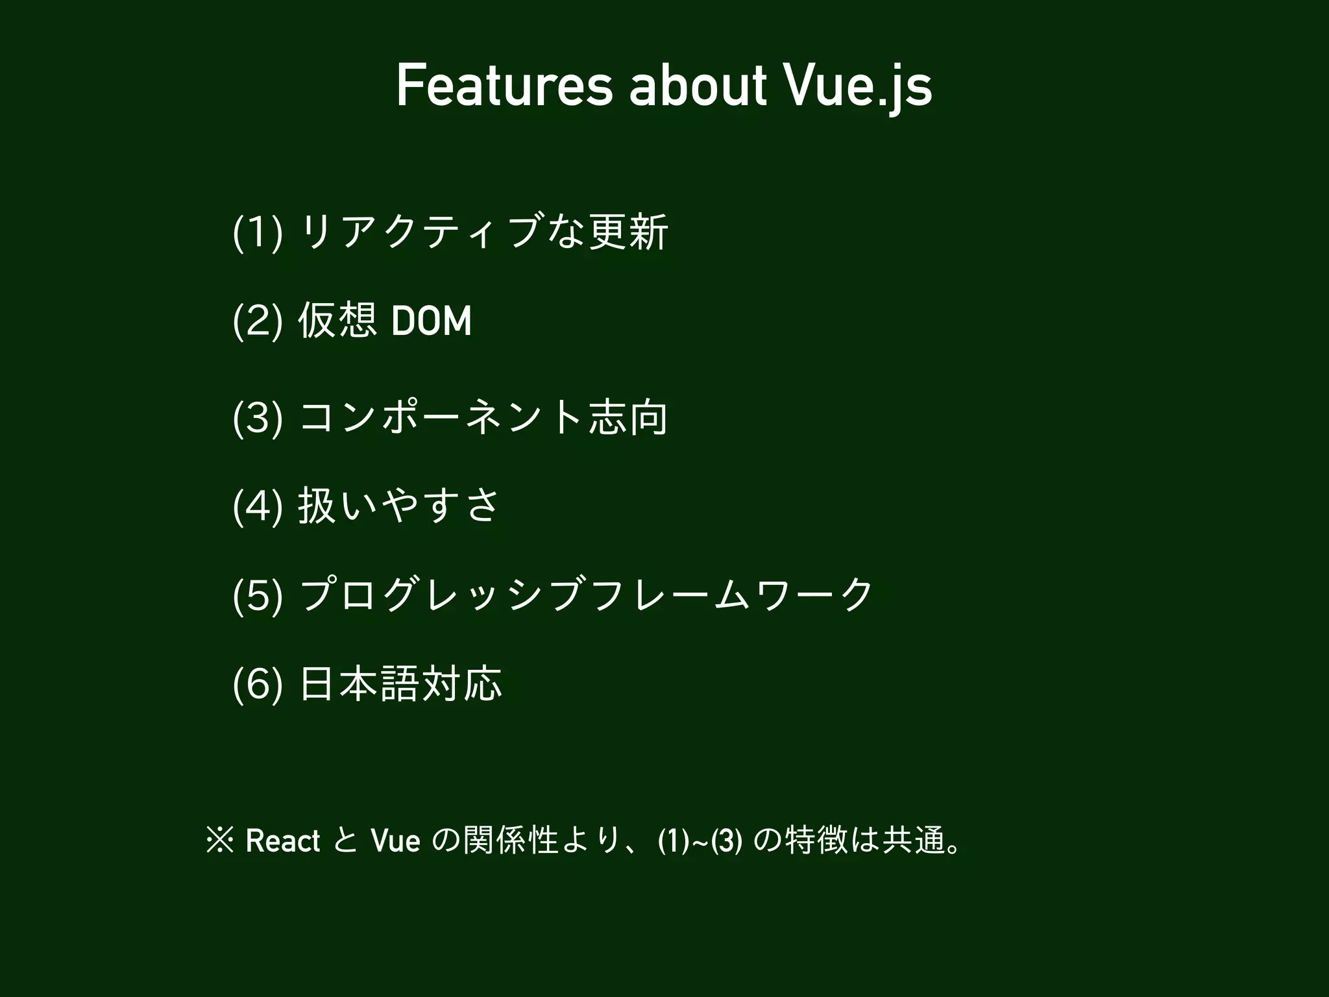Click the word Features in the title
click(x=504, y=86)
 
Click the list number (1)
click(x=257, y=232)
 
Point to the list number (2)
click(x=257, y=321)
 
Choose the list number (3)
click(x=257, y=418)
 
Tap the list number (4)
click(x=257, y=506)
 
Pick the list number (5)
click(x=257, y=595)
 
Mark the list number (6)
click(x=257, y=684)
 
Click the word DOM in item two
click(x=432, y=321)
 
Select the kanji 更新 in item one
click(x=628, y=232)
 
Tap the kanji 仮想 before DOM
click(x=337, y=321)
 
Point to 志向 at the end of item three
click(x=628, y=418)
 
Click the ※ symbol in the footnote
click(x=219, y=841)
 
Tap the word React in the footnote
click(x=283, y=841)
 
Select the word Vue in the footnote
click(x=395, y=841)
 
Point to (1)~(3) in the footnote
click(x=700, y=841)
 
